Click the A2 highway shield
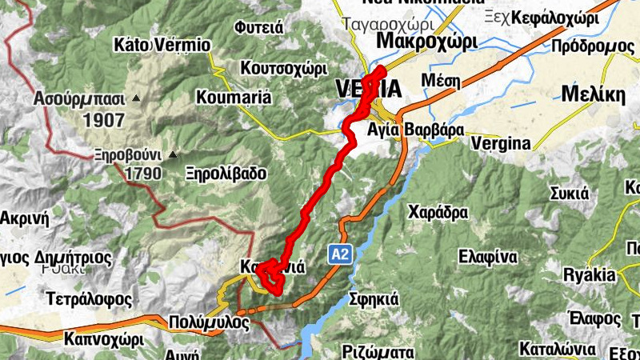click(340, 254)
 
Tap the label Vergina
click(501, 143)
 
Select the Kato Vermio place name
click(162, 45)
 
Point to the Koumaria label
click(234, 98)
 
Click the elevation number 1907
click(102, 121)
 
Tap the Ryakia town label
click(590, 275)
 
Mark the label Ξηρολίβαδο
click(226, 173)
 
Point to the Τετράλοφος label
click(87, 298)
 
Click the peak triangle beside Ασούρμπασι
click(136, 98)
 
